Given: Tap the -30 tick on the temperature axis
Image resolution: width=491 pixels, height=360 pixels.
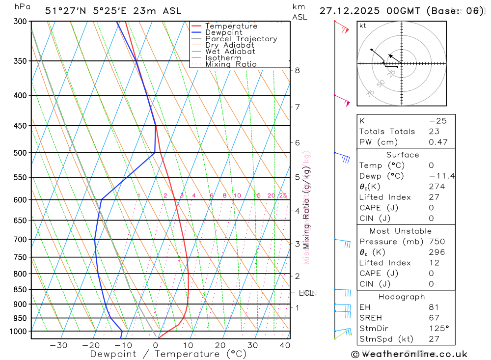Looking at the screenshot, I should [x=58, y=345].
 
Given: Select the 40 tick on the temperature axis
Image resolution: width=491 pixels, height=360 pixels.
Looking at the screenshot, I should [x=284, y=345].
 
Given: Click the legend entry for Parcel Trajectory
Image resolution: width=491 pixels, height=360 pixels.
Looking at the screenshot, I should [x=241, y=39].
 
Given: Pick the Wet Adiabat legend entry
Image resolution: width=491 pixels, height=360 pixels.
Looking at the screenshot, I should [x=230, y=52].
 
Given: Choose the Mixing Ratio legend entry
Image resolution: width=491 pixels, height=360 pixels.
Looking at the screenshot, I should [x=231, y=64].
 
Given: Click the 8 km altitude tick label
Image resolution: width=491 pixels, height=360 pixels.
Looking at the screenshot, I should [x=298, y=70].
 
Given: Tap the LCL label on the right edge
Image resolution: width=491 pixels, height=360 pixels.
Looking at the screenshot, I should [x=306, y=293].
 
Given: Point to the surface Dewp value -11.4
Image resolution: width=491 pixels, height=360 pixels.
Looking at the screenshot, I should [x=441, y=176].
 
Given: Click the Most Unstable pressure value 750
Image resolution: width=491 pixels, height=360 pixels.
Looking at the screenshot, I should [x=436, y=242].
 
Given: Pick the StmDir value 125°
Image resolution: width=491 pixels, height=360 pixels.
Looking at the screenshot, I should [x=438, y=328].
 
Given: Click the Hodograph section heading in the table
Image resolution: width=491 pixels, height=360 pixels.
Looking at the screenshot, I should [x=402, y=297].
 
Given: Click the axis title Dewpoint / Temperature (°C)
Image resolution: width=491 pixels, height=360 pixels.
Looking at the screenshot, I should [x=168, y=354].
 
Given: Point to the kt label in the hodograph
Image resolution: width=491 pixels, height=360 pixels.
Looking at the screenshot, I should [x=363, y=26].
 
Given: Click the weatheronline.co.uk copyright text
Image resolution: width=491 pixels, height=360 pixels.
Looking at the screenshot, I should [x=409, y=354].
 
